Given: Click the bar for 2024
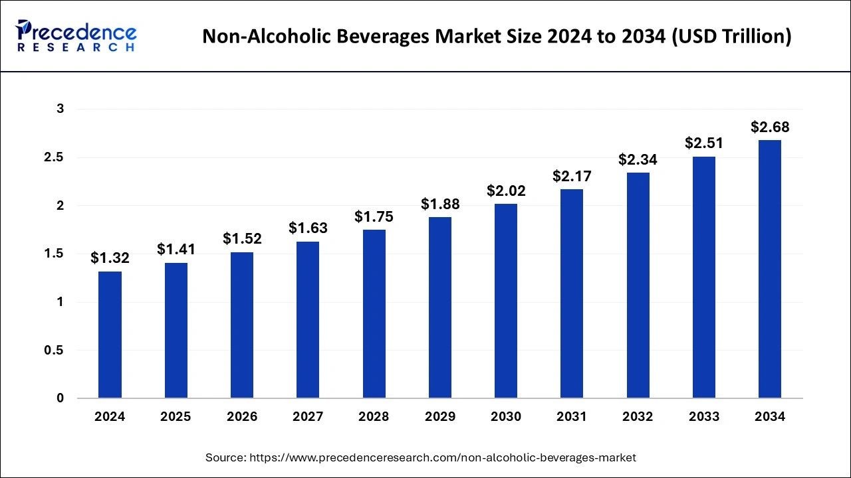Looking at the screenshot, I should click(110, 335).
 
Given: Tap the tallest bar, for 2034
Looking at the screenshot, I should click(770, 269).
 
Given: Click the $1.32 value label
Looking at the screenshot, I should click(110, 258).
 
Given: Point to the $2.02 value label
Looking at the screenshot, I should click(506, 191).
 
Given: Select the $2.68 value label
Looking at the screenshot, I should click(770, 127).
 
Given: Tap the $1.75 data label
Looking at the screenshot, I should click(374, 216).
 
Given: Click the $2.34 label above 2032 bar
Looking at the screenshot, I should click(638, 160).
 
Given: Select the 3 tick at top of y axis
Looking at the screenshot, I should click(60, 109).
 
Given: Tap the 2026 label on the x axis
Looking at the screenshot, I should click(242, 417).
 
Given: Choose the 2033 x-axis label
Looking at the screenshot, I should click(704, 417).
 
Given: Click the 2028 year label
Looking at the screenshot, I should click(374, 417).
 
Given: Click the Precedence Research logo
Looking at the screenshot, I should click(77, 36).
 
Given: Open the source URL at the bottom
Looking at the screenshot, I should click(441, 457).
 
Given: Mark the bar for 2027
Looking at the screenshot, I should click(308, 319).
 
